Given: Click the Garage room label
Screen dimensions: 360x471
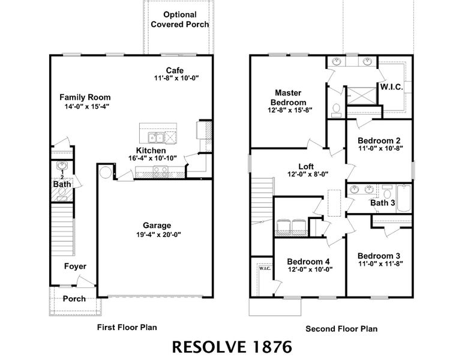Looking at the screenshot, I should (x=157, y=226).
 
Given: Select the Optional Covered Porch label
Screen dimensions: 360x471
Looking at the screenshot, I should (x=180, y=20).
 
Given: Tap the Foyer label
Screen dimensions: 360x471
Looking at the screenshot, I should (x=75, y=266).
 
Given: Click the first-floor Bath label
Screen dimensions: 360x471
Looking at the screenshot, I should (x=62, y=184).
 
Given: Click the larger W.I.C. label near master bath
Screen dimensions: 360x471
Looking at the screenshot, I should (x=391, y=87).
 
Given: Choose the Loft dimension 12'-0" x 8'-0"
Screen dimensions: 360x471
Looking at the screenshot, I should (x=306, y=175).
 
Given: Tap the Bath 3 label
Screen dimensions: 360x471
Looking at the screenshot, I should (x=382, y=203).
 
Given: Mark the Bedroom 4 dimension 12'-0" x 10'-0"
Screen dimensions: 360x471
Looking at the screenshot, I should (x=309, y=269).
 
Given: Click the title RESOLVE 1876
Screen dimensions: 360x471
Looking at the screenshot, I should (x=232, y=346).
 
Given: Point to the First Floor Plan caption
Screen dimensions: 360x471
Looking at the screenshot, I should (x=127, y=328).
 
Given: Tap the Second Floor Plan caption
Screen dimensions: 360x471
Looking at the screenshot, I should (x=341, y=329).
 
